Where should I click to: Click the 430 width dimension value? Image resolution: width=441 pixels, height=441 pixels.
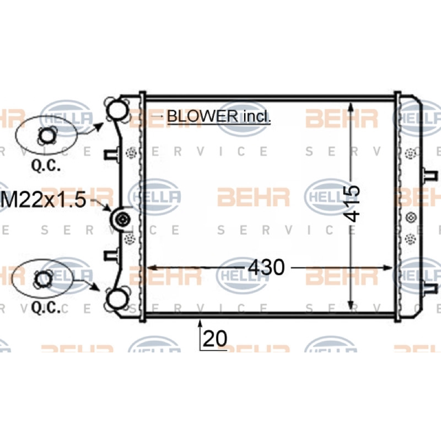pos(267,267)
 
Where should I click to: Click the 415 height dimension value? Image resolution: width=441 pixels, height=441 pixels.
pos(352,203)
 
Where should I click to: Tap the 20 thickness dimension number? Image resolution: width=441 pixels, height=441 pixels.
pos(214,338)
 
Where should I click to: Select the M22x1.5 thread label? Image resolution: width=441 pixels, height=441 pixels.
pos(44,200)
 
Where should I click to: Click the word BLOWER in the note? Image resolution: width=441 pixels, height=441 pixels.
pos(202,116)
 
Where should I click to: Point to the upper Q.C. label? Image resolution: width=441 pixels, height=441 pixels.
pos(46,166)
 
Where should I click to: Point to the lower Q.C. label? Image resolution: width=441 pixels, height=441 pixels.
pos(46,308)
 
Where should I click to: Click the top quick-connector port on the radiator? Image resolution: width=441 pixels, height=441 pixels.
pos(117,110)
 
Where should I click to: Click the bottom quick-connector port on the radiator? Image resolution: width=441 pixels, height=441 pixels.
pos(117,300)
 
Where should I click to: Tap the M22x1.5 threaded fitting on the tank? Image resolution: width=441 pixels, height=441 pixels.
pos(121,219)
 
